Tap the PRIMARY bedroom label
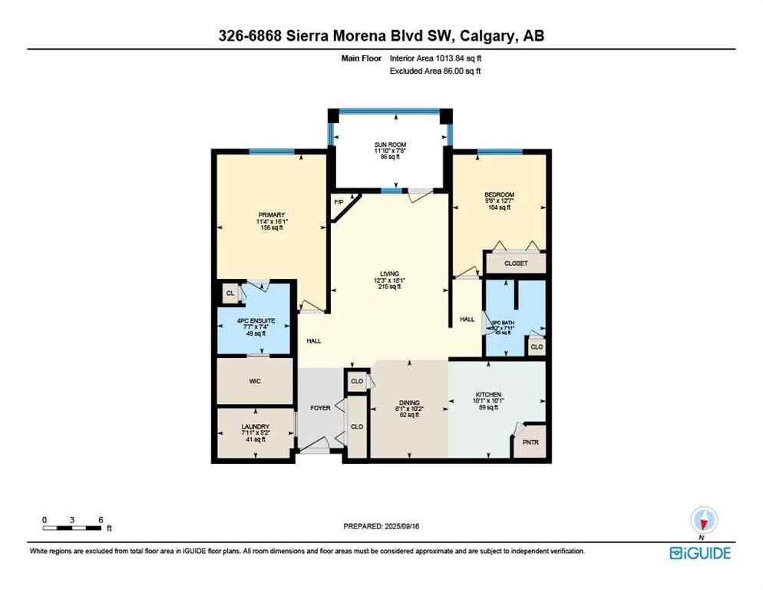point(271,214)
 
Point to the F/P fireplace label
point(339,202)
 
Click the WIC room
point(256,380)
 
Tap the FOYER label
point(320,407)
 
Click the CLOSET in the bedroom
point(516,263)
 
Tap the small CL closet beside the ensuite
point(229,293)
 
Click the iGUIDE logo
point(699,552)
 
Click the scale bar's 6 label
point(101,519)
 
